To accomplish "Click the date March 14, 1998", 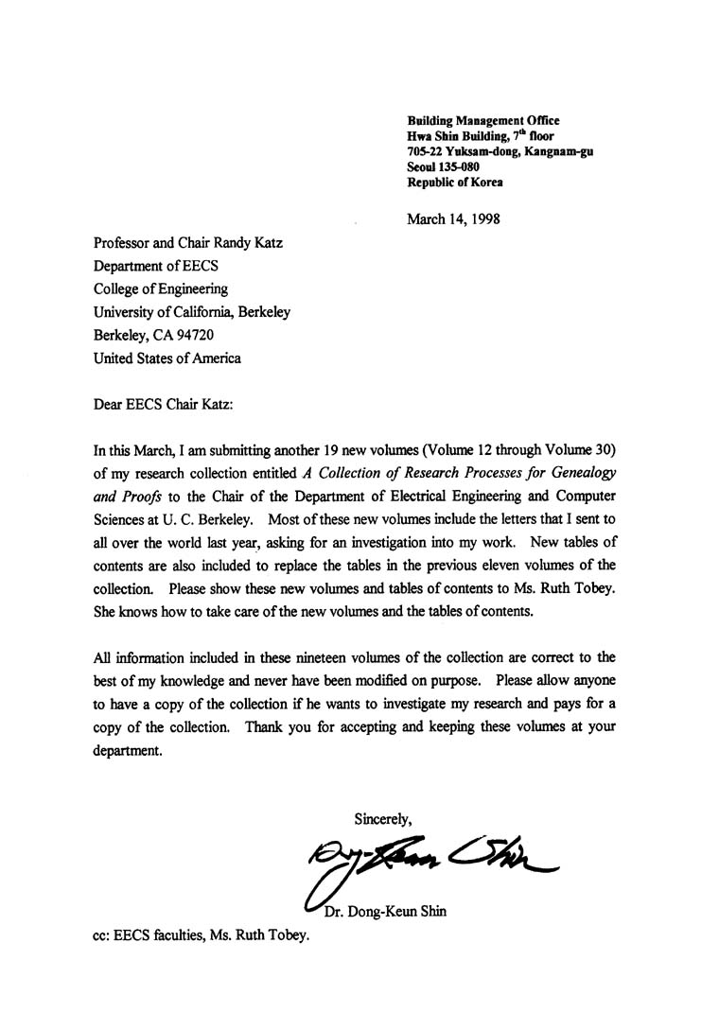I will pos(453,218).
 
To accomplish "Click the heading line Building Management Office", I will pos(482,120).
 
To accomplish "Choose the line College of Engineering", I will pos(160,289).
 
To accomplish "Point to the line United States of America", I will pos(167,358).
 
